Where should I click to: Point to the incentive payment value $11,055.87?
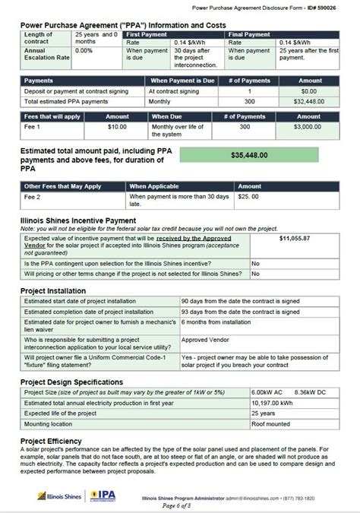click(x=295, y=238)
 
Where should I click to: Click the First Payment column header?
click(x=147, y=34)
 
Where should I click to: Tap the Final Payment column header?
click(x=251, y=34)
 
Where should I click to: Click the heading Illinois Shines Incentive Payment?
click(x=78, y=220)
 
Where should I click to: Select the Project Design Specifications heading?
click(x=71, y=382)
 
